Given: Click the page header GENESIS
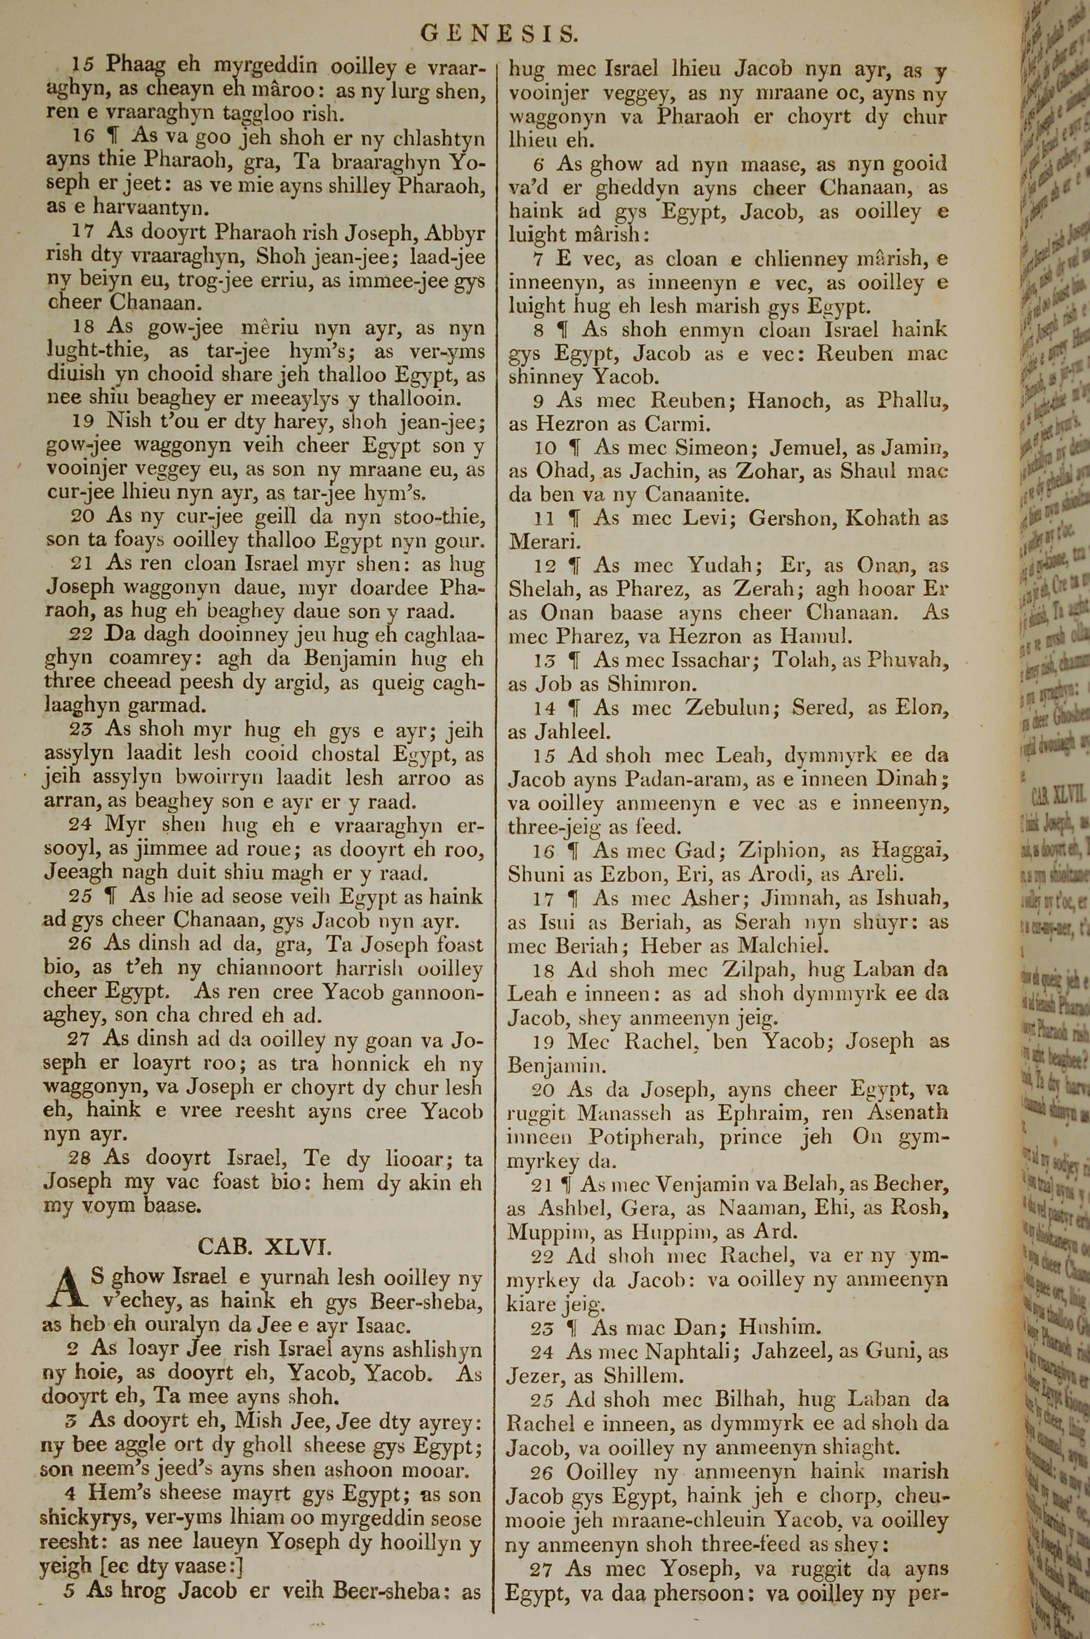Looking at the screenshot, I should pyautogui.click(x=499, y=33).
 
